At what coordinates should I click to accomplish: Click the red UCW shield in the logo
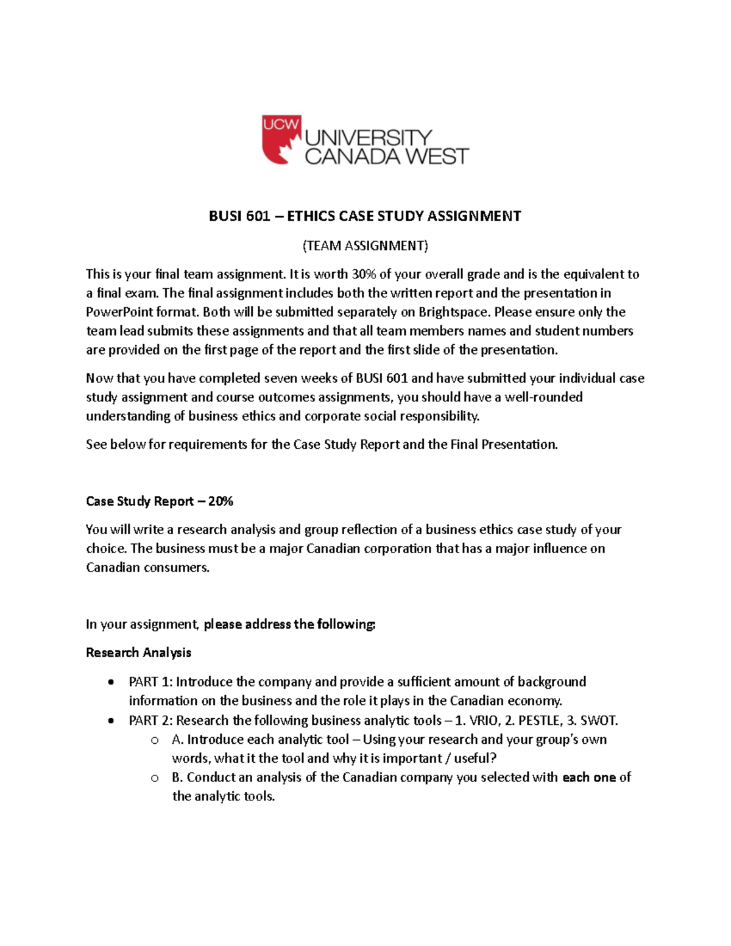coord(281,139)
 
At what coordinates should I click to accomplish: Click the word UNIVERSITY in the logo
coord(369,137)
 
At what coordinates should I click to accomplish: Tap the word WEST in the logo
coord(437,157)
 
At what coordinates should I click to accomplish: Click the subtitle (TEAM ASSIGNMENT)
coord(365,245)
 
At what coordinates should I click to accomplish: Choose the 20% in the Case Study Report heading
coord(221,501)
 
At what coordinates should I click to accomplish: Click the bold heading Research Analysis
coord(138,652)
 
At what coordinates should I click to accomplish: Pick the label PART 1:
coord(150,682)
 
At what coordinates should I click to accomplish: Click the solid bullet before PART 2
coord(110,721)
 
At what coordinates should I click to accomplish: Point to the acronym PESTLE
coord(540,721)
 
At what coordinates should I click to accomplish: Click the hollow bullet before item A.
coord(155,740)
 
